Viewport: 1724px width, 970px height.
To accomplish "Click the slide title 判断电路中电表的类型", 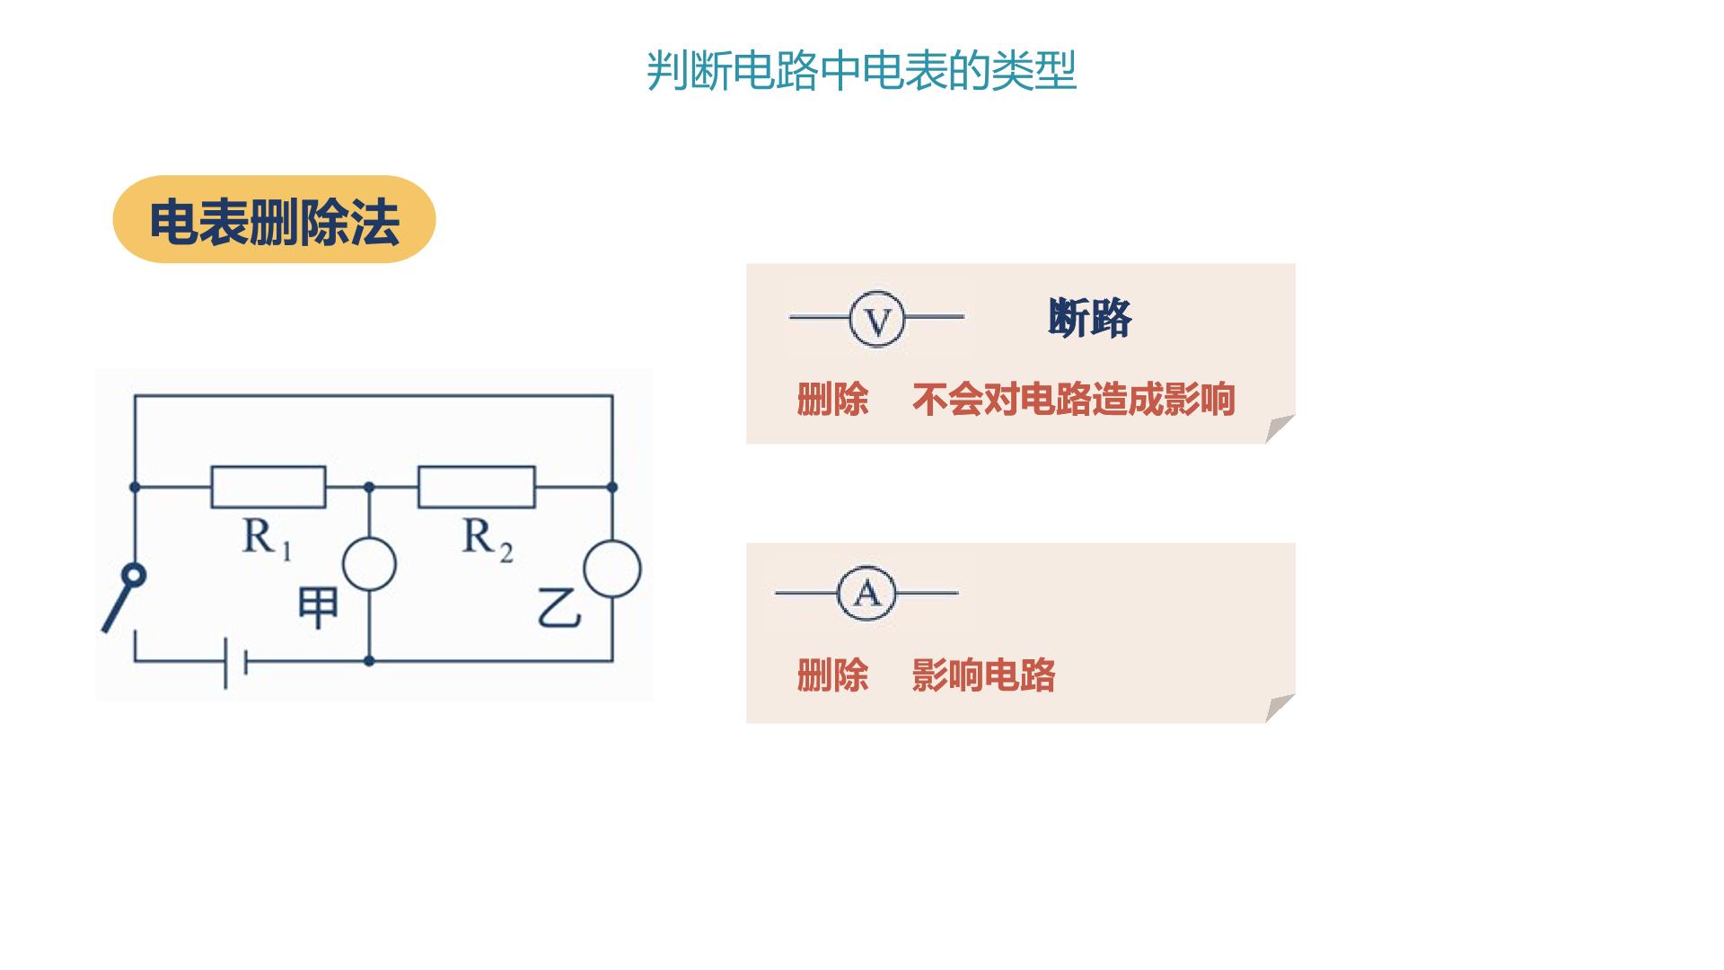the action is [861, 71].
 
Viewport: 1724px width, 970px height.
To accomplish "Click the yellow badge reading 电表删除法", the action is [274, 219].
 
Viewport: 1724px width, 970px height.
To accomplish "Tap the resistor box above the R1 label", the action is [268, 487].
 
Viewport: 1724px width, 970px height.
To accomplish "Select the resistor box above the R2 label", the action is [477, 487].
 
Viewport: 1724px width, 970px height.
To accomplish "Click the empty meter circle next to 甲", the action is [369, 564].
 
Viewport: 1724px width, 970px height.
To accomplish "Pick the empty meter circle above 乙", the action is [612, 569].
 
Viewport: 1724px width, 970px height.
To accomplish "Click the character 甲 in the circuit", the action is [317, 608].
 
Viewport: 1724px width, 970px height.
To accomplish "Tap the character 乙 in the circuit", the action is [559, 608].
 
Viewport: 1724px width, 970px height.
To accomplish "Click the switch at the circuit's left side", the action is [124, 597].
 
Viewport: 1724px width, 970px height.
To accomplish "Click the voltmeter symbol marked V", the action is [877, 318].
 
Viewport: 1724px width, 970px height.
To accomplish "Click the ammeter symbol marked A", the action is [866, 594].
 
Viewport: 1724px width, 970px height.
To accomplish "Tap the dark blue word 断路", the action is [1089, 318].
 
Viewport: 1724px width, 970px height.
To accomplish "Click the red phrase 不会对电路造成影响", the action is [1074, 400].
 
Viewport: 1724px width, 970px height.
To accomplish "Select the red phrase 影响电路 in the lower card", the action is [983, 675].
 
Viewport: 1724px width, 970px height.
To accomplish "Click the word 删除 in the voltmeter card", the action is [832, 400].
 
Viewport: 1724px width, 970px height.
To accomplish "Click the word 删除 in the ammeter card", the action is [832, 675].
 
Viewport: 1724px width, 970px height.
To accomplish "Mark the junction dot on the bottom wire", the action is [369, 661].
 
